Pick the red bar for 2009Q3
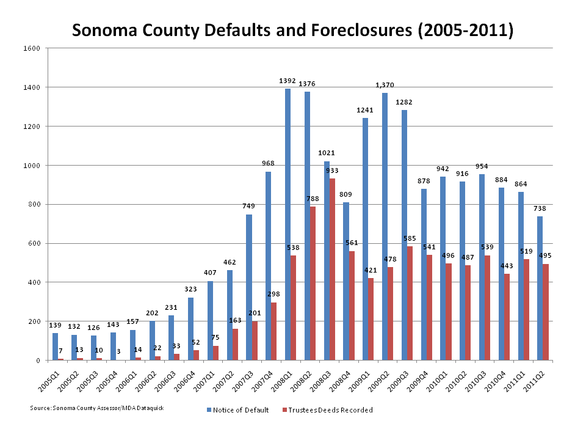coord(410,303)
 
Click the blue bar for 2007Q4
coord(268,266)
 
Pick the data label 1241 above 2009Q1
coord(366,111)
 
